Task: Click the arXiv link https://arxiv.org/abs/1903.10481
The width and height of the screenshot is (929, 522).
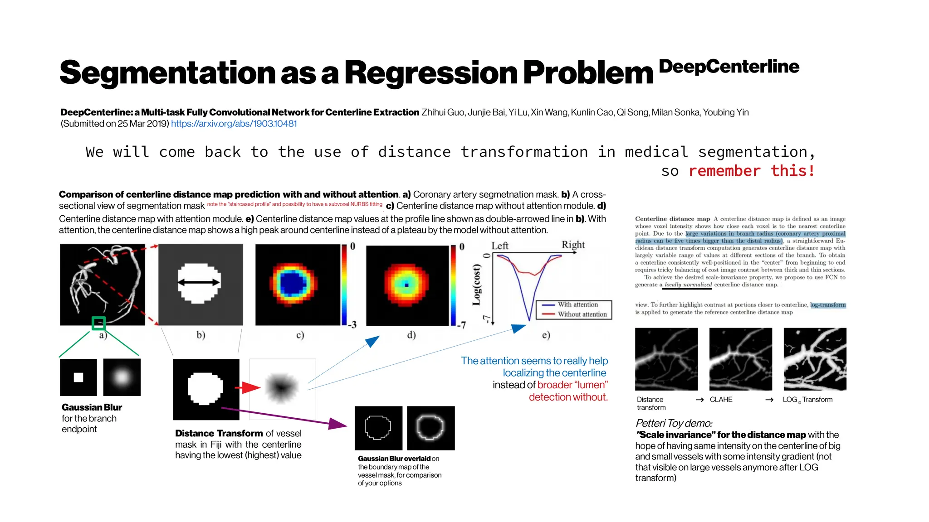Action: tap(234, 124)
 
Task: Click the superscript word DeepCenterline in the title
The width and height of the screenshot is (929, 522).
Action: tap(729, 67)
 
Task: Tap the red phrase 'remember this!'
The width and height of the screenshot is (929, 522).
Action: tap(752, 171)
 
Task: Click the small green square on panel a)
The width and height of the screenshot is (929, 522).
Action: tap(98, 323)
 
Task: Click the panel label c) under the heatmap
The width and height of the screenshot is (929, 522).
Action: tap(300, 335)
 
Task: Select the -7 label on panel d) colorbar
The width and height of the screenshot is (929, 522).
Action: tap(461, 325)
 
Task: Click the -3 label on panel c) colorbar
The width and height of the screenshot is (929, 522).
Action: tap(352, 324)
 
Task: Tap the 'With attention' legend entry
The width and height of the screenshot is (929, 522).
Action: tap(577, 304)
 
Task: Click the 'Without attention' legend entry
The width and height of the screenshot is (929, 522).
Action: tap(582, 314)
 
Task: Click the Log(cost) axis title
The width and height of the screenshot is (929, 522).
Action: tap(476, 285)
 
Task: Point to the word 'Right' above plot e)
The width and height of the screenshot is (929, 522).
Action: tap(573, 245)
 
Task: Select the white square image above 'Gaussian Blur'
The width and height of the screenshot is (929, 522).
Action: tap(78, 377)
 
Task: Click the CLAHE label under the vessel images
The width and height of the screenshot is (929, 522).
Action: tap(721, 400)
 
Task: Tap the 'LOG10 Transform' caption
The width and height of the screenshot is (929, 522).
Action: tap(807, 400)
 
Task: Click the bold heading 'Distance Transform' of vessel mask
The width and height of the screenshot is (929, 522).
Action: tap(219, 434)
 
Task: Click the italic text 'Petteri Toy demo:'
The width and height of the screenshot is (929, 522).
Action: tap(674, 423)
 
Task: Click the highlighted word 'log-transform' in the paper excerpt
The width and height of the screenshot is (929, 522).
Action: tap(828, 305)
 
